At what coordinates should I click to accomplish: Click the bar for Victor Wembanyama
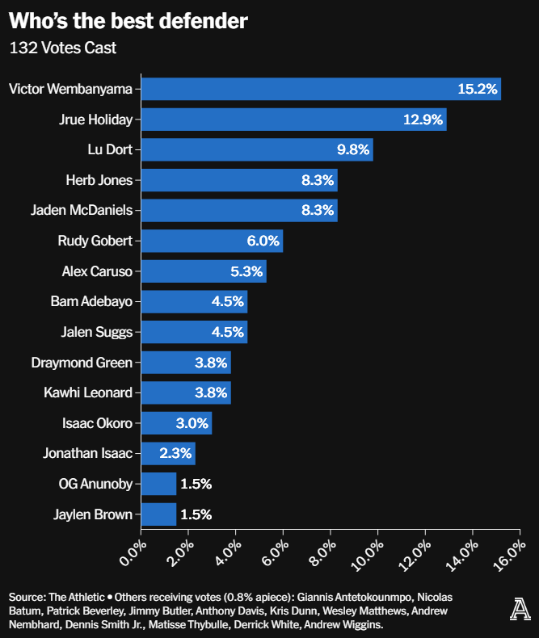coord(321,89)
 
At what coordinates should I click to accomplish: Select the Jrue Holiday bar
coord(293,120)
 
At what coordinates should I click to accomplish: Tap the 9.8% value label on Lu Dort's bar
coord(354,149)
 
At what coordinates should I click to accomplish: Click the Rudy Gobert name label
coord(95,241)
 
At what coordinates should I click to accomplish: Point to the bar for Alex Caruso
coord(204,271)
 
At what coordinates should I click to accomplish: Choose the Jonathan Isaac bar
coord(168,453)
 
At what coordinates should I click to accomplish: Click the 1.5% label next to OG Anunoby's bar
coord(196,484)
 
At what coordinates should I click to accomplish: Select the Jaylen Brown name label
coord(92,514)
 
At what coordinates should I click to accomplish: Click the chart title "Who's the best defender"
coord(128,22)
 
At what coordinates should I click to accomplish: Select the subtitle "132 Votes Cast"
coord(62,48)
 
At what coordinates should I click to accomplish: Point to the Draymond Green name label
coord(81,363)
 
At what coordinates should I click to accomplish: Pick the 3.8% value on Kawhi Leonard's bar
coord(211,392)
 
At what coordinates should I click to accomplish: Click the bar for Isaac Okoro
coord(176,423)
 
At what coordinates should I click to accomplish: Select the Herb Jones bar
coord(239,180)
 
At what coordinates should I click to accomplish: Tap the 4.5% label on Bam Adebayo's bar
coord(227,302)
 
